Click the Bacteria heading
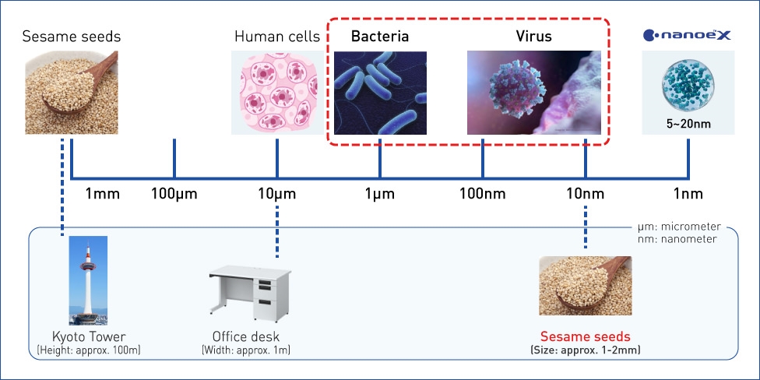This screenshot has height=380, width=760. coord(380,37)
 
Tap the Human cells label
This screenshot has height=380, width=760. coord(277,37)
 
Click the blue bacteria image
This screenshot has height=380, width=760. coord(380,93)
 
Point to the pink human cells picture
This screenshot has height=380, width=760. coord(277,93)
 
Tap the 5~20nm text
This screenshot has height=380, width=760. coord(688,123)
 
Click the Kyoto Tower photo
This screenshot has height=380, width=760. coord(88,280)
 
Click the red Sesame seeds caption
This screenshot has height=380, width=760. coord(586,336)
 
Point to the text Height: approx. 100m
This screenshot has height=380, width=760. coord(88,350)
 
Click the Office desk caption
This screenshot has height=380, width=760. coord(246,336)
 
